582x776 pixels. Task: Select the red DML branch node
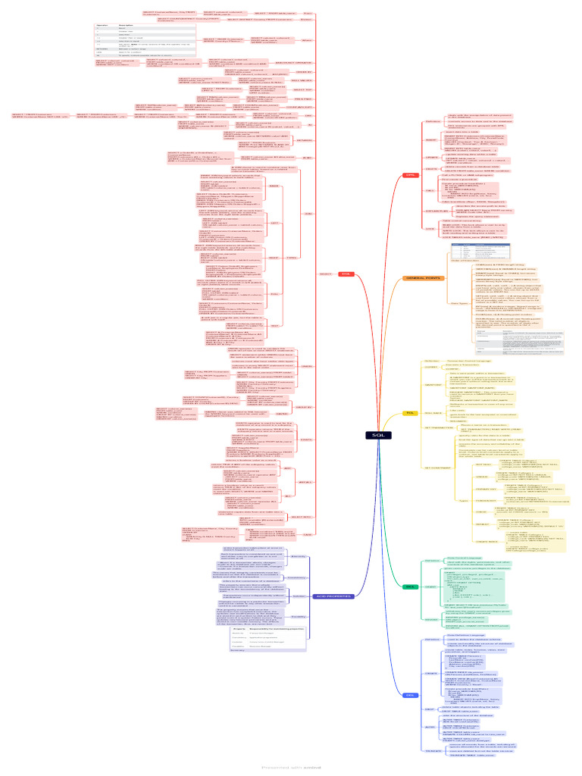pyautogui.click(x=411, y=196)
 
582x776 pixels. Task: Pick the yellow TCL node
pyautogui.click(x=411, y=412)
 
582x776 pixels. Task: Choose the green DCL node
pyautogui.click(x=411, y=587)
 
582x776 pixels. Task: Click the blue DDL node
pyautogui.click(x=410, y=695)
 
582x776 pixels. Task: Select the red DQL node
pyautogui.click(x=346, y=274)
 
